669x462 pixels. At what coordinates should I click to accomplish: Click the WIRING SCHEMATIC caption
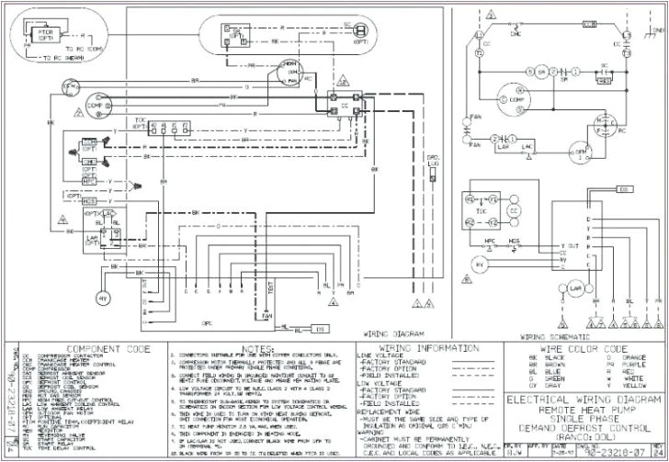[550, 336]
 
